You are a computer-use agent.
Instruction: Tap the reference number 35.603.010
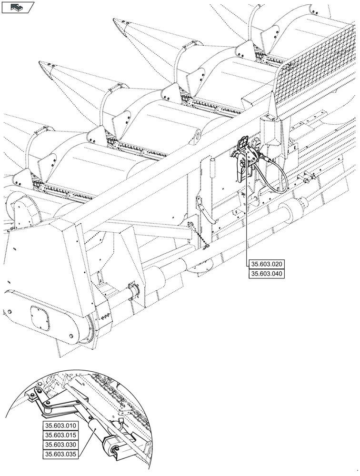point(60,426)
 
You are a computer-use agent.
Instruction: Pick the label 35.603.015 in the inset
point(60,435)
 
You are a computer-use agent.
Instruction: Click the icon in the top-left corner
point(18,7)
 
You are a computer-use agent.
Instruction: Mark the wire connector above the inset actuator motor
point(120,421)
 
